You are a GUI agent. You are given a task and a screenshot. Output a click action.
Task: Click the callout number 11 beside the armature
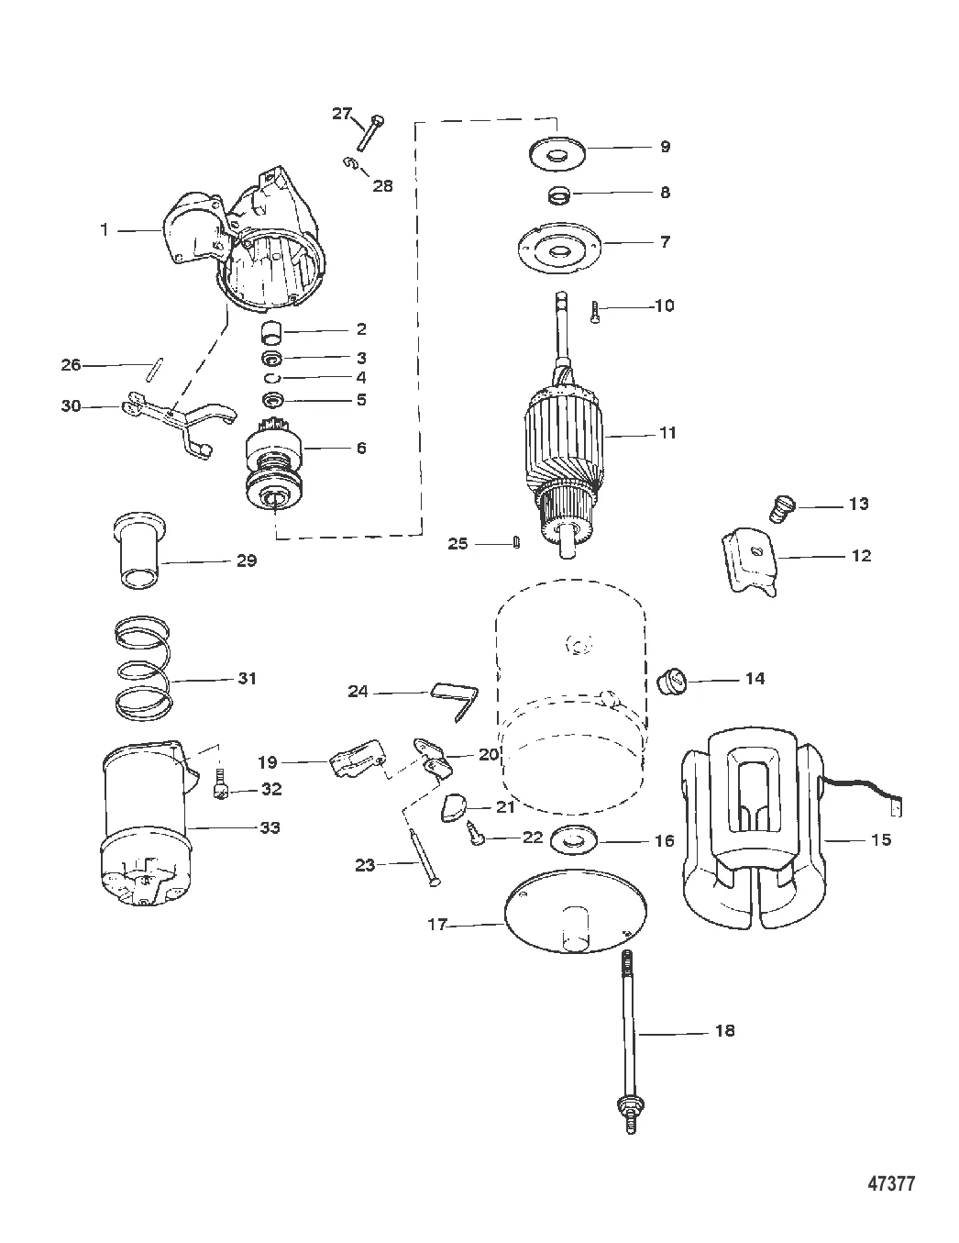point(667,433)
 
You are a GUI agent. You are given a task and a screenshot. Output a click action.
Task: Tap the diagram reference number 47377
point(891,1183)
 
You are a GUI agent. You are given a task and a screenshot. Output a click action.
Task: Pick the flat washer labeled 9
point(557,152)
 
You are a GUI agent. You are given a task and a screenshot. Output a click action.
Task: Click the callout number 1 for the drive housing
point(104,230)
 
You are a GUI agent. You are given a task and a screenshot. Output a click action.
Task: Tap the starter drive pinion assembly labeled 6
point(275,470)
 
